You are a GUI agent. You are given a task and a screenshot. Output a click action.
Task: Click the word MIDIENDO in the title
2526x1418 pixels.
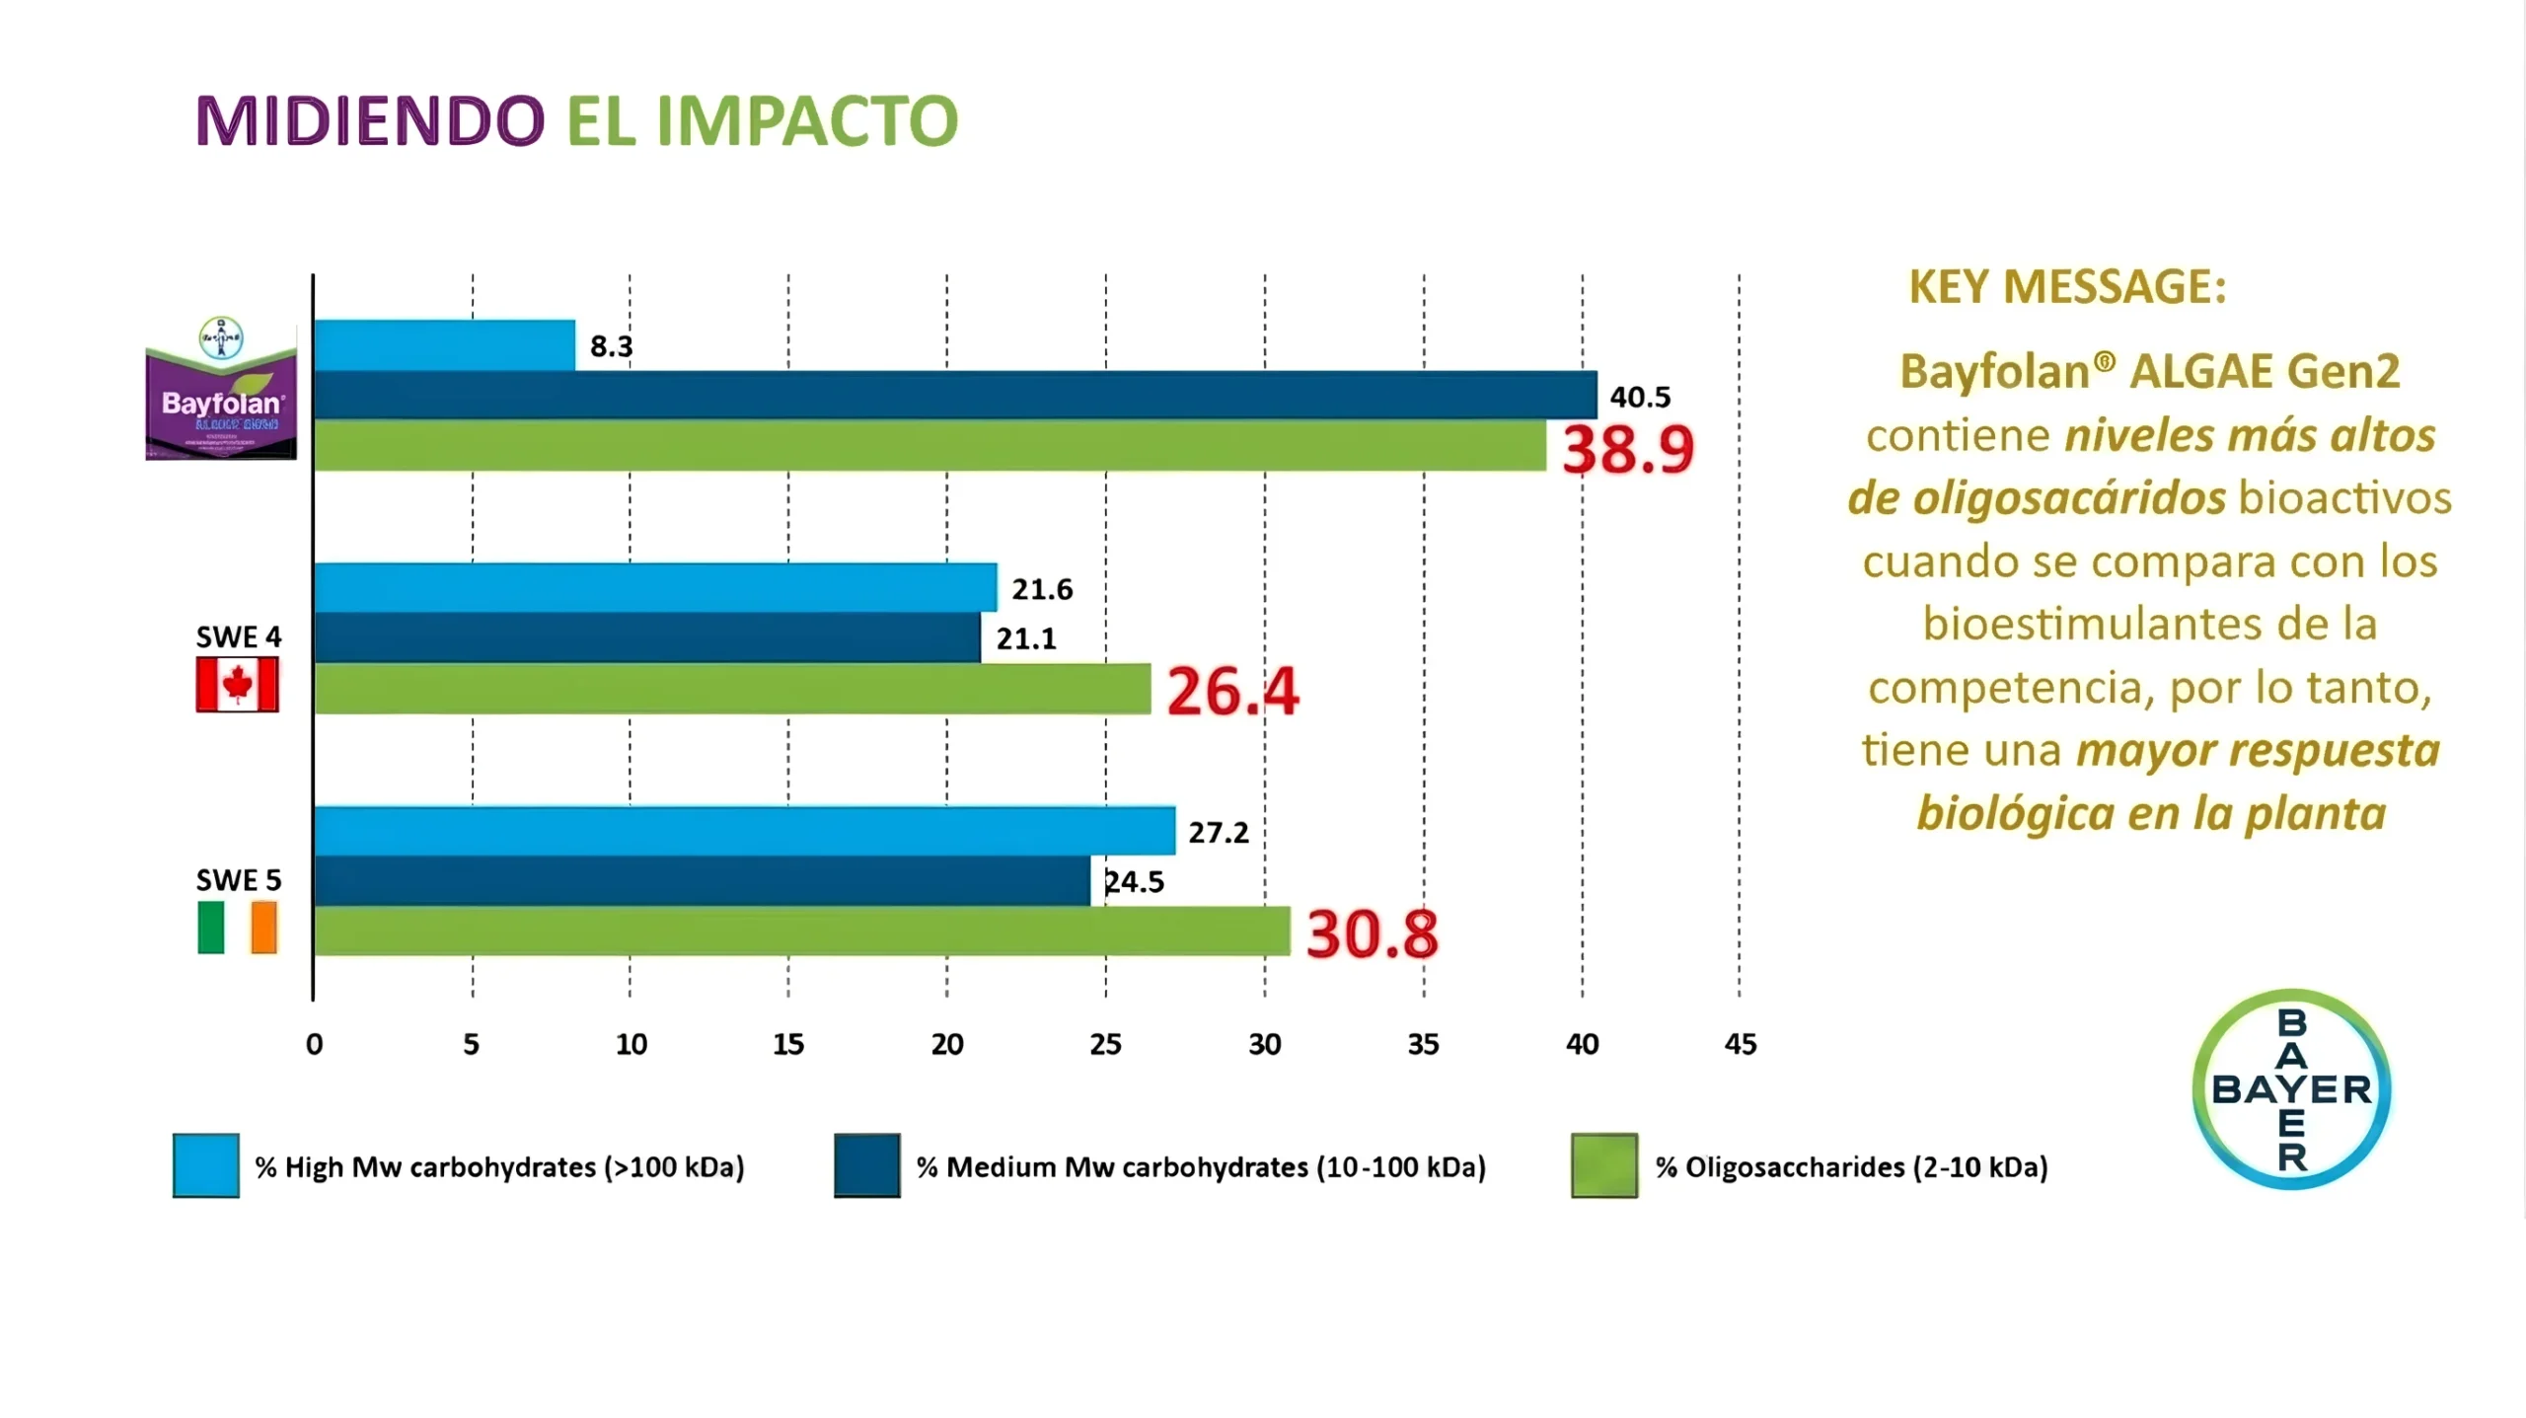click(370, 121)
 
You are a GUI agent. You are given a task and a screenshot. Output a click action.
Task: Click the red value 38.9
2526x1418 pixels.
click(1627, 449)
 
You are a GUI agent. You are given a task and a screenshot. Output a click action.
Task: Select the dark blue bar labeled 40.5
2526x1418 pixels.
click(955, 396)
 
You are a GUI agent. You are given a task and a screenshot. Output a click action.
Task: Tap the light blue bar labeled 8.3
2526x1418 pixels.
click(444, 345)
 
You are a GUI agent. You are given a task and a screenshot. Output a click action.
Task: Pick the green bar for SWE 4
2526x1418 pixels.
click(732, 688)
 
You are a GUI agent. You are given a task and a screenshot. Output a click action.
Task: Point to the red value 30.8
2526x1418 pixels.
click(1372, 933)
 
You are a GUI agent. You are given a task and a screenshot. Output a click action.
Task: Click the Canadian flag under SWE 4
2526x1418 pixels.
click(237, 684)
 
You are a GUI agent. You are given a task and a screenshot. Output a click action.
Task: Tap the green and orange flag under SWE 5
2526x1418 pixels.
click(237, 928)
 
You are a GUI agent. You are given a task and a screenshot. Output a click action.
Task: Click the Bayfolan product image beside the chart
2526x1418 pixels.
click(221, 390)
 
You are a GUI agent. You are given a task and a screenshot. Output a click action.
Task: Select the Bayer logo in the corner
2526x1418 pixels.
click(2291, 1088)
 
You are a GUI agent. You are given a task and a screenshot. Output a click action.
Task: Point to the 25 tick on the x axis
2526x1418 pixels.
click(1105, 1044)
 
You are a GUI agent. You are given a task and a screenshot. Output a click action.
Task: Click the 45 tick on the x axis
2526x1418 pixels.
click(1740, 1044)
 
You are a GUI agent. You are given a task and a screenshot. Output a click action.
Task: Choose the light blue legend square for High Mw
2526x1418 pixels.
click(206, 1165)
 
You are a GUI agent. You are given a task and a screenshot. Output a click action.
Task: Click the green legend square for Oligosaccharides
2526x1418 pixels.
click(1603, 1165)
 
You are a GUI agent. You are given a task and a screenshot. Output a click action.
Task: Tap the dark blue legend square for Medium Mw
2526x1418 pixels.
click(866, 1165)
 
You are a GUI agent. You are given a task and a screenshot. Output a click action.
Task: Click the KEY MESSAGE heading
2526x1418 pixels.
click(2067, 287)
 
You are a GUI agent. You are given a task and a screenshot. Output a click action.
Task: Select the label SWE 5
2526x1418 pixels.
click(238, 879)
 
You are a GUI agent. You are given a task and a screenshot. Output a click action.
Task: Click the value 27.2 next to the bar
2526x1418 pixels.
click(1219, 833)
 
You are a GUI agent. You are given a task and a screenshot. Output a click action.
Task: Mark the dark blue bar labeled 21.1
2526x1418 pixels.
click(647, 637)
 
